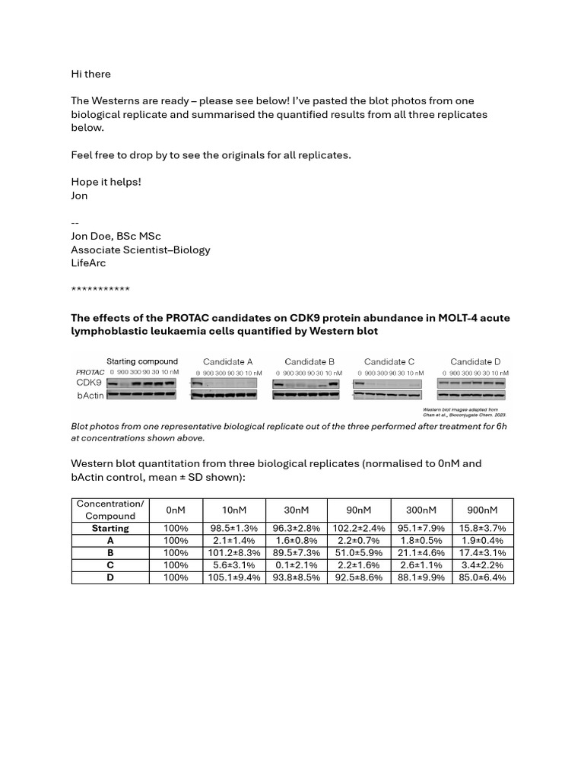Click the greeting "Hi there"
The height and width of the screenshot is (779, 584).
click(x=90, y=74)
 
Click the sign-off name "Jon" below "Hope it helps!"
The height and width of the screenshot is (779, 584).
click(x=79, y=196)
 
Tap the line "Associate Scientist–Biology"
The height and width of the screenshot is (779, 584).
click(x=141, y=250)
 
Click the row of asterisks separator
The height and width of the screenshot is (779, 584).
click(x=100, y=290)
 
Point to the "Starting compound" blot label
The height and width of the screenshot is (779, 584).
click(x=142, y=361)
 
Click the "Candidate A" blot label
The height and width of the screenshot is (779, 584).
click(x=227, y=362)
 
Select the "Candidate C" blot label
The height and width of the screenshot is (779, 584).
click(x=389, y=362)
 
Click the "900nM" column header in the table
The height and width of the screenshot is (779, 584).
click(x=483, y=510)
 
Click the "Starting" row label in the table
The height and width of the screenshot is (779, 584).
click(x=110, y=528)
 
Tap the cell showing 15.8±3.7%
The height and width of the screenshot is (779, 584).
click(x=483, y=528)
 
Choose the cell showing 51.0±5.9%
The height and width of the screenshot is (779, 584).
click(x=358, y=553)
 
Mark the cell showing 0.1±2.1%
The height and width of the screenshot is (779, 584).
click(x=296, y=565)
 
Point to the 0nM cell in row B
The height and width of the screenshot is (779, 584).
click(x=175, y=553)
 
